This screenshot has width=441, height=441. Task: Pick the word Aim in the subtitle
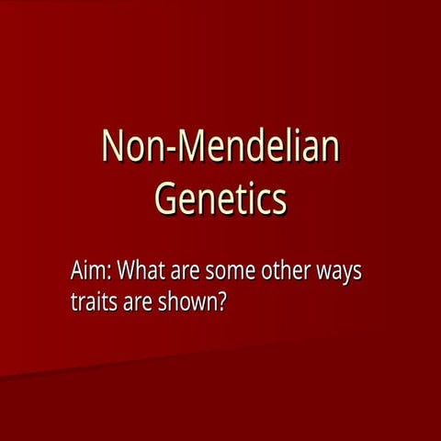pyautogui.click(x=90, y=272)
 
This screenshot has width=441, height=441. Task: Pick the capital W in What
pyautogui.click(x=130, y=272)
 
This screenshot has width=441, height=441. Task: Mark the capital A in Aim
pyautogui.click(x=77, y=272)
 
